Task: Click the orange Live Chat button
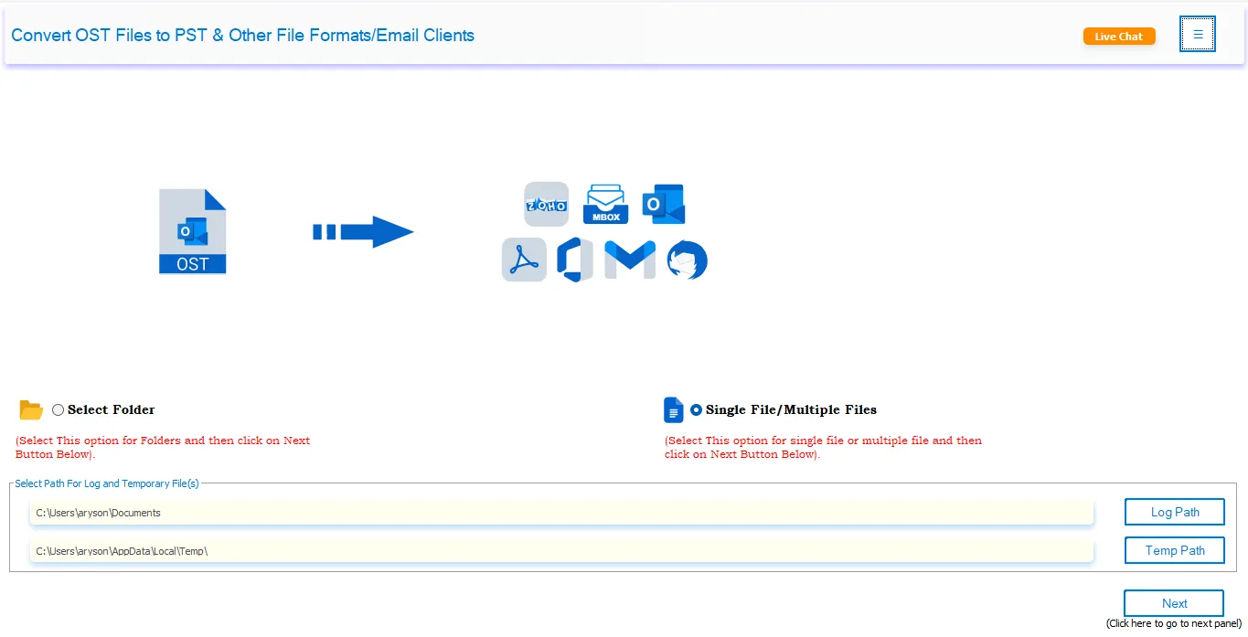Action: (x=1119, y=37)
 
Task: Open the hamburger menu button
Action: (x=1198, y=35)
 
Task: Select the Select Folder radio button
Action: (x=59, y=410)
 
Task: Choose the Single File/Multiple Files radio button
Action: (x=697, y=410)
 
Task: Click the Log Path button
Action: (x=1174, y=512)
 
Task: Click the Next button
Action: (x=1174, y=603)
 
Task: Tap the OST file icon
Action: (x=192, y=232)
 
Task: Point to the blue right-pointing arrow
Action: (x=363, y=232)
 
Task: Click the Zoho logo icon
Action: (x=546, y=205)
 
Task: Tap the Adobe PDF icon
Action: (x=524, y=260)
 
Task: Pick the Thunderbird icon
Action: (x=687, y=260)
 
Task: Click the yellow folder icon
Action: (x=31, y=410)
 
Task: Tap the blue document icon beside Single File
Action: (x=673, y=410)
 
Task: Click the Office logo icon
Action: (x=575, y=260)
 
